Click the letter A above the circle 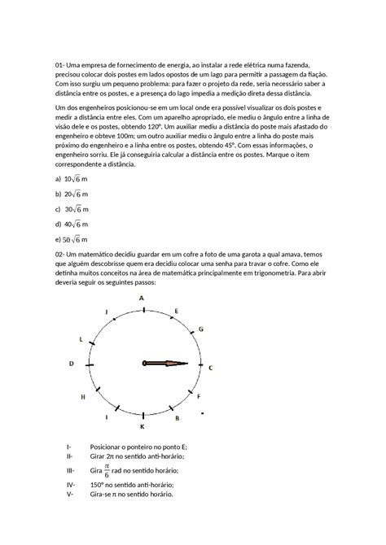click(142, 299)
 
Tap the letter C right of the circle click(211, 368)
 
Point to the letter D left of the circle click(72, 364)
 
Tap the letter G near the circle click(200, 329)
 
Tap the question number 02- click(60, 255)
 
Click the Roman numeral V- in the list click(70, 493)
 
